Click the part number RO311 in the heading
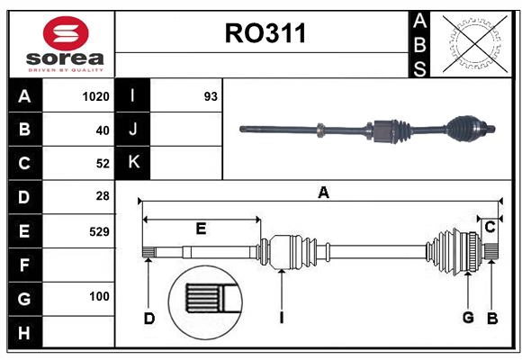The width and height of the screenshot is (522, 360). point(265,33)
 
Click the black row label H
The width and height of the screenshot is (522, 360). point(23,333)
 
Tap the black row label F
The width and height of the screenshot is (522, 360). point(23,265)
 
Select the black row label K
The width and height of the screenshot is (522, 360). point(133,163)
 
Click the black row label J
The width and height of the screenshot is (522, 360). point(133,130)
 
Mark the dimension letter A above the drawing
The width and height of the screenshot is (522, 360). point(322,192)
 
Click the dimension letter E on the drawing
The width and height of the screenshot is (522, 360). point(201,229)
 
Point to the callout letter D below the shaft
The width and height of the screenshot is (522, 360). point(149,318)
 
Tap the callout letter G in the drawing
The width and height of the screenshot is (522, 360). point(468,317)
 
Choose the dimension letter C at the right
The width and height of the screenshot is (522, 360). point(490,228)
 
